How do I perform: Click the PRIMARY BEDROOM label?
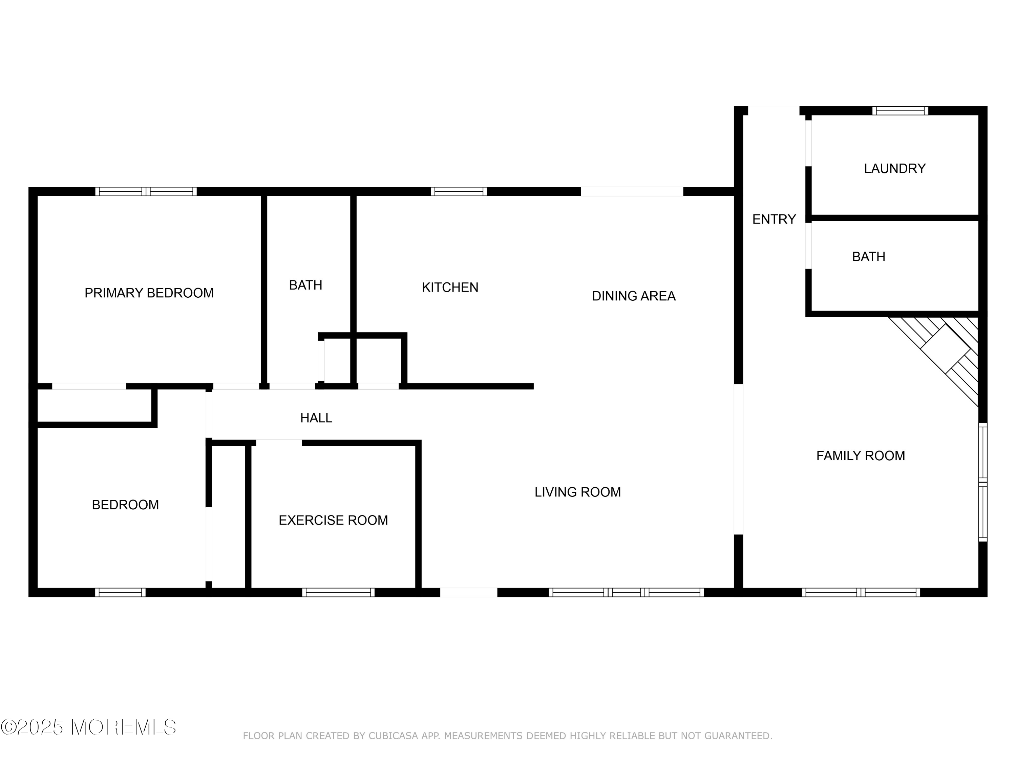coord(149,293)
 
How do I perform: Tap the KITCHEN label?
coord(450,288)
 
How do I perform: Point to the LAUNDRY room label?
coord(894,169)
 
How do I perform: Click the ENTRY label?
coord(774,219)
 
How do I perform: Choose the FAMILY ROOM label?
coord(860,456)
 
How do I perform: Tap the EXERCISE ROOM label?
coord(333,521)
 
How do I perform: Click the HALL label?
coord(316,418)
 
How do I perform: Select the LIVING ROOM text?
coord(577,492)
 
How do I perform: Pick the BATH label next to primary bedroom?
coord(305,285)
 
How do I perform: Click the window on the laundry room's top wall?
coord(900,111)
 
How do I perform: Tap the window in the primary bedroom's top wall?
coord(146,192)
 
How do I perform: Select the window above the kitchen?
coord(459,192)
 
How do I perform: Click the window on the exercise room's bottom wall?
coord(338,593)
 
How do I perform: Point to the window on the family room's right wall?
coord(982,482)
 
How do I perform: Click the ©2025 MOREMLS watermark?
coord(88,727)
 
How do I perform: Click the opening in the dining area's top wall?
coord(632,192)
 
